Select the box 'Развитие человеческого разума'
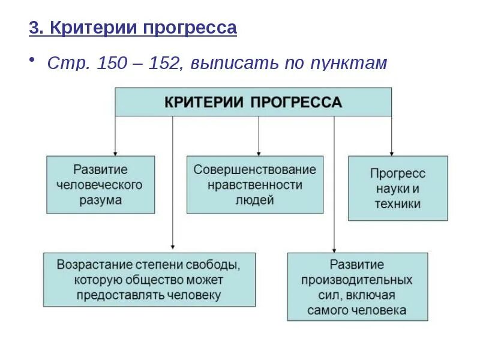101,185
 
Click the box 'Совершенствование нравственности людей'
254,185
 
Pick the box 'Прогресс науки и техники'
398,188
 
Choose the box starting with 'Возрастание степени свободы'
149,280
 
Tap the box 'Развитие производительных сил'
358,286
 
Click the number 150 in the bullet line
115,64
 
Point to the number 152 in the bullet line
163,64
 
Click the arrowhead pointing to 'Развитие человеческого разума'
115,152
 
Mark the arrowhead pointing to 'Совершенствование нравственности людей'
259,152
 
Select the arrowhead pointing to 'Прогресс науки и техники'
391,152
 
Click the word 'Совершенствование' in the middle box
254,170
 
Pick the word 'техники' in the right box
397,204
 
